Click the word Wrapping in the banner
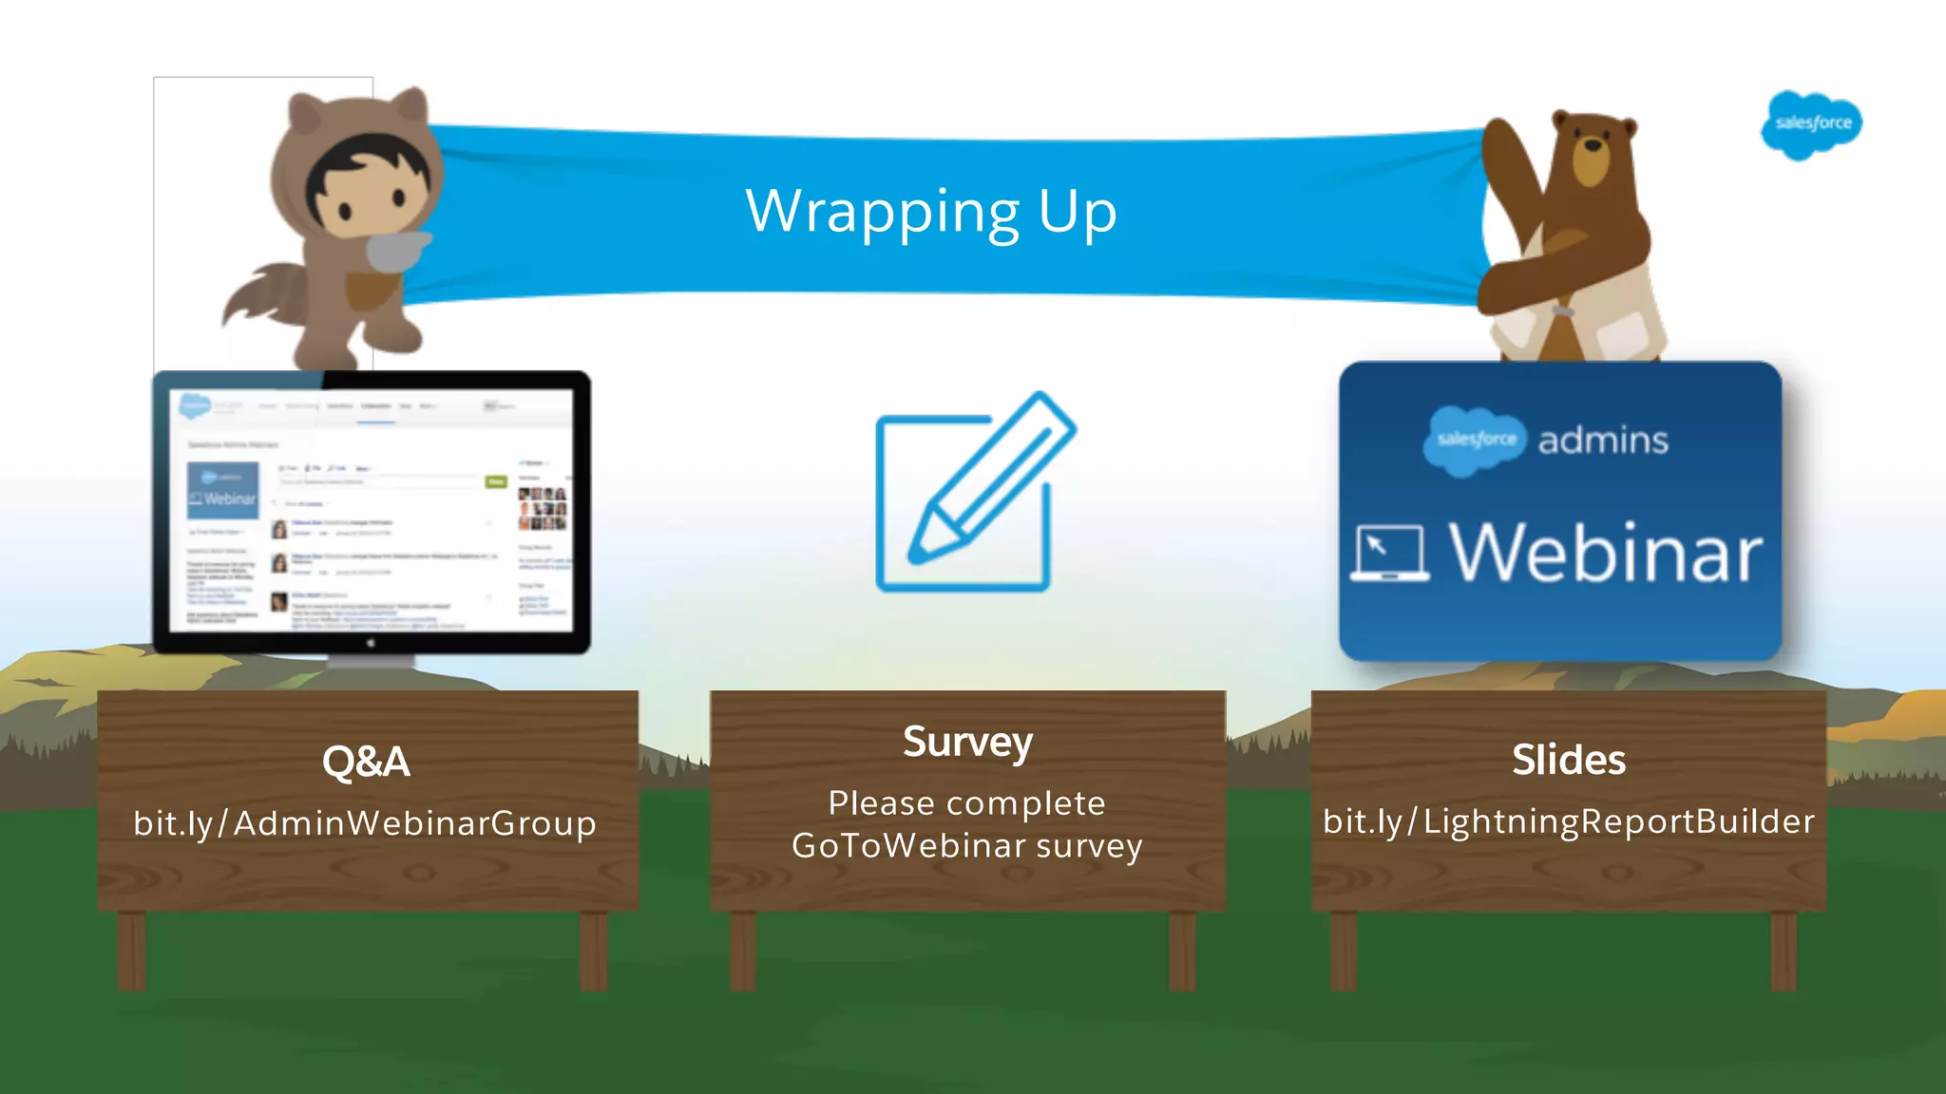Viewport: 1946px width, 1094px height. click(x=883, y=213)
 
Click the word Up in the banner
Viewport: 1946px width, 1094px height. click(x=1078, y=213)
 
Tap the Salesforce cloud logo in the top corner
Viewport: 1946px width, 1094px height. click(x=1812, y=124)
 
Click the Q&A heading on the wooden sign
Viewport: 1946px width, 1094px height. click(x=366, y=762)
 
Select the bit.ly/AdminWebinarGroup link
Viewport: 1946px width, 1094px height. click(x=365, y=823)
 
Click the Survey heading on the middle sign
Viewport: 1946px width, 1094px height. click(x=967, y=742)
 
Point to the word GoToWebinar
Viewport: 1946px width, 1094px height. click(x=907, y=845)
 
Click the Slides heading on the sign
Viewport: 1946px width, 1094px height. click(x=1569, y=760)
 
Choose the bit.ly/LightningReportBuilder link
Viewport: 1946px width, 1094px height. click(x=1569, y=821)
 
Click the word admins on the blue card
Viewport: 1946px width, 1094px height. click(x=1603, y=441)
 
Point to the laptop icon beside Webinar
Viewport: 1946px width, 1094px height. click(x=1389, y=553)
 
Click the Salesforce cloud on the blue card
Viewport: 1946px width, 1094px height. click(x=1475, y=440)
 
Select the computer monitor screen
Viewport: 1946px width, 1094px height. click(x=372, y=511)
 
